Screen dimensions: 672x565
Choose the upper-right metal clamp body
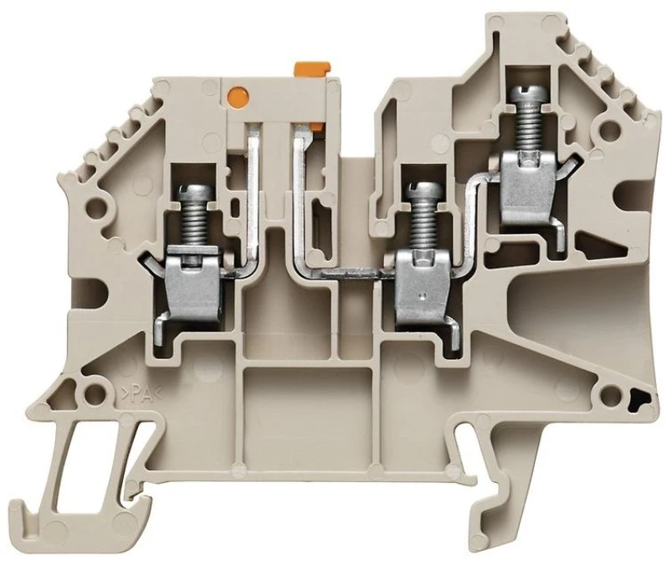tap(528, 189)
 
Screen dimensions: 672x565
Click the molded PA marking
tap(140, 393)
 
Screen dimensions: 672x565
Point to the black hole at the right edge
tap(642, 401)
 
